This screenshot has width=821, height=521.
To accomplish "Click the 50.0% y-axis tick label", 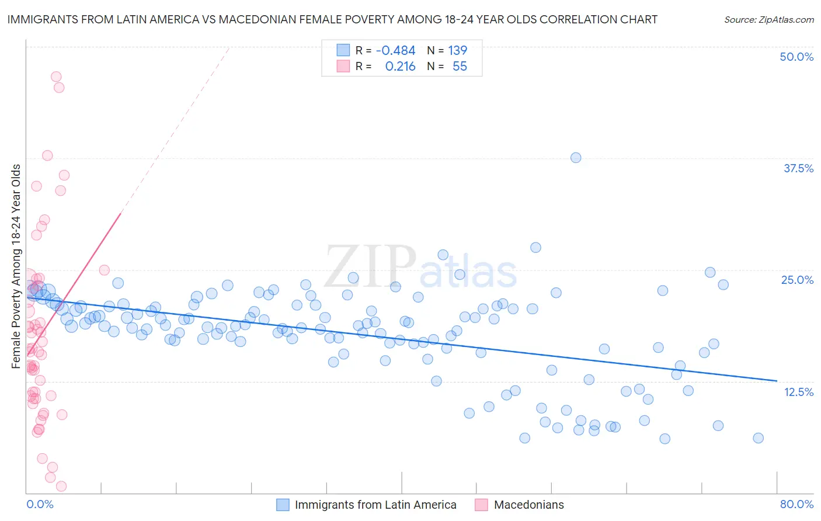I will (x=796, y=57).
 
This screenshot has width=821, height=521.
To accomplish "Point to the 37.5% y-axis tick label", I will (x=798, y=168).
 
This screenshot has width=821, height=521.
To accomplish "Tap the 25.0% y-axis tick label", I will (x=797, y=280).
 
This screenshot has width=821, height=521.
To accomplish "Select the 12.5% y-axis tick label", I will (x=798, y=392).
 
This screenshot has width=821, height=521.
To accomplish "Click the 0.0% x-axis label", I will (x=40, y=504).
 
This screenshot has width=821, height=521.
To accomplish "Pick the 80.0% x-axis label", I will (x=796, y=504).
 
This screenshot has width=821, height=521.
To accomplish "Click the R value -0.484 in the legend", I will (x=395, y=50).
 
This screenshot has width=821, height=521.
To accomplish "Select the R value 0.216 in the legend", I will (x=400, y=67).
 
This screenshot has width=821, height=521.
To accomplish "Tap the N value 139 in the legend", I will (x=457, y=50).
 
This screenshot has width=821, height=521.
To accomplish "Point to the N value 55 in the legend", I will (x=460, y=67).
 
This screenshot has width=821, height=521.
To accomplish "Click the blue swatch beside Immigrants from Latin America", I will (x=283, y=505).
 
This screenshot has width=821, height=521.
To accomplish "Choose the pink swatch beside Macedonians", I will (x=481, y=505).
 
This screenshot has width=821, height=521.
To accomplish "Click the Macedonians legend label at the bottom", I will (x=529, y=505).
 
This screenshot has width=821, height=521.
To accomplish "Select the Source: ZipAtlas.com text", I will (x=768, y=19).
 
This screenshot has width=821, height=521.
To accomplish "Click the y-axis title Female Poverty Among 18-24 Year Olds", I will (x=16, y=266).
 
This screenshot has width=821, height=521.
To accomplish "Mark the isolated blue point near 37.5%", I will (x=576, y=158).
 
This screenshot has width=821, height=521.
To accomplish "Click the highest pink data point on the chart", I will (x=56, y=77).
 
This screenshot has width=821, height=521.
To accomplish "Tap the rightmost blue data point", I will (x=758, y=438).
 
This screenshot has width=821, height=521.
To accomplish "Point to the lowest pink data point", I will (x=61, y=486).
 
